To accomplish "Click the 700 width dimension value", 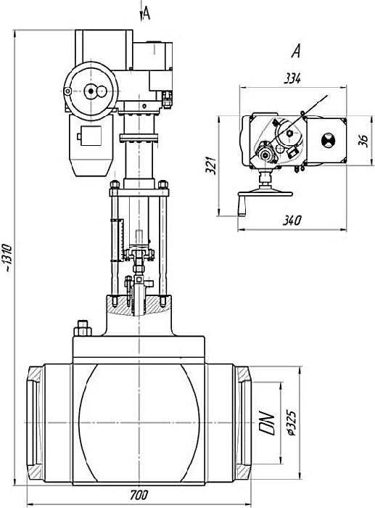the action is coord(139,495).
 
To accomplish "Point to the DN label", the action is coord(267,423).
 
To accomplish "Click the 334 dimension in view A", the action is coord(292,78).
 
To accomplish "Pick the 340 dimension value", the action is coord(292,221).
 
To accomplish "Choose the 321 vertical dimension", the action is coord(211,165).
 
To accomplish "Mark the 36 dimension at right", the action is coord(364,141).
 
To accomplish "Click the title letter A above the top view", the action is coord(296,52).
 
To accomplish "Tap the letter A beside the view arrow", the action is coord(147,14).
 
